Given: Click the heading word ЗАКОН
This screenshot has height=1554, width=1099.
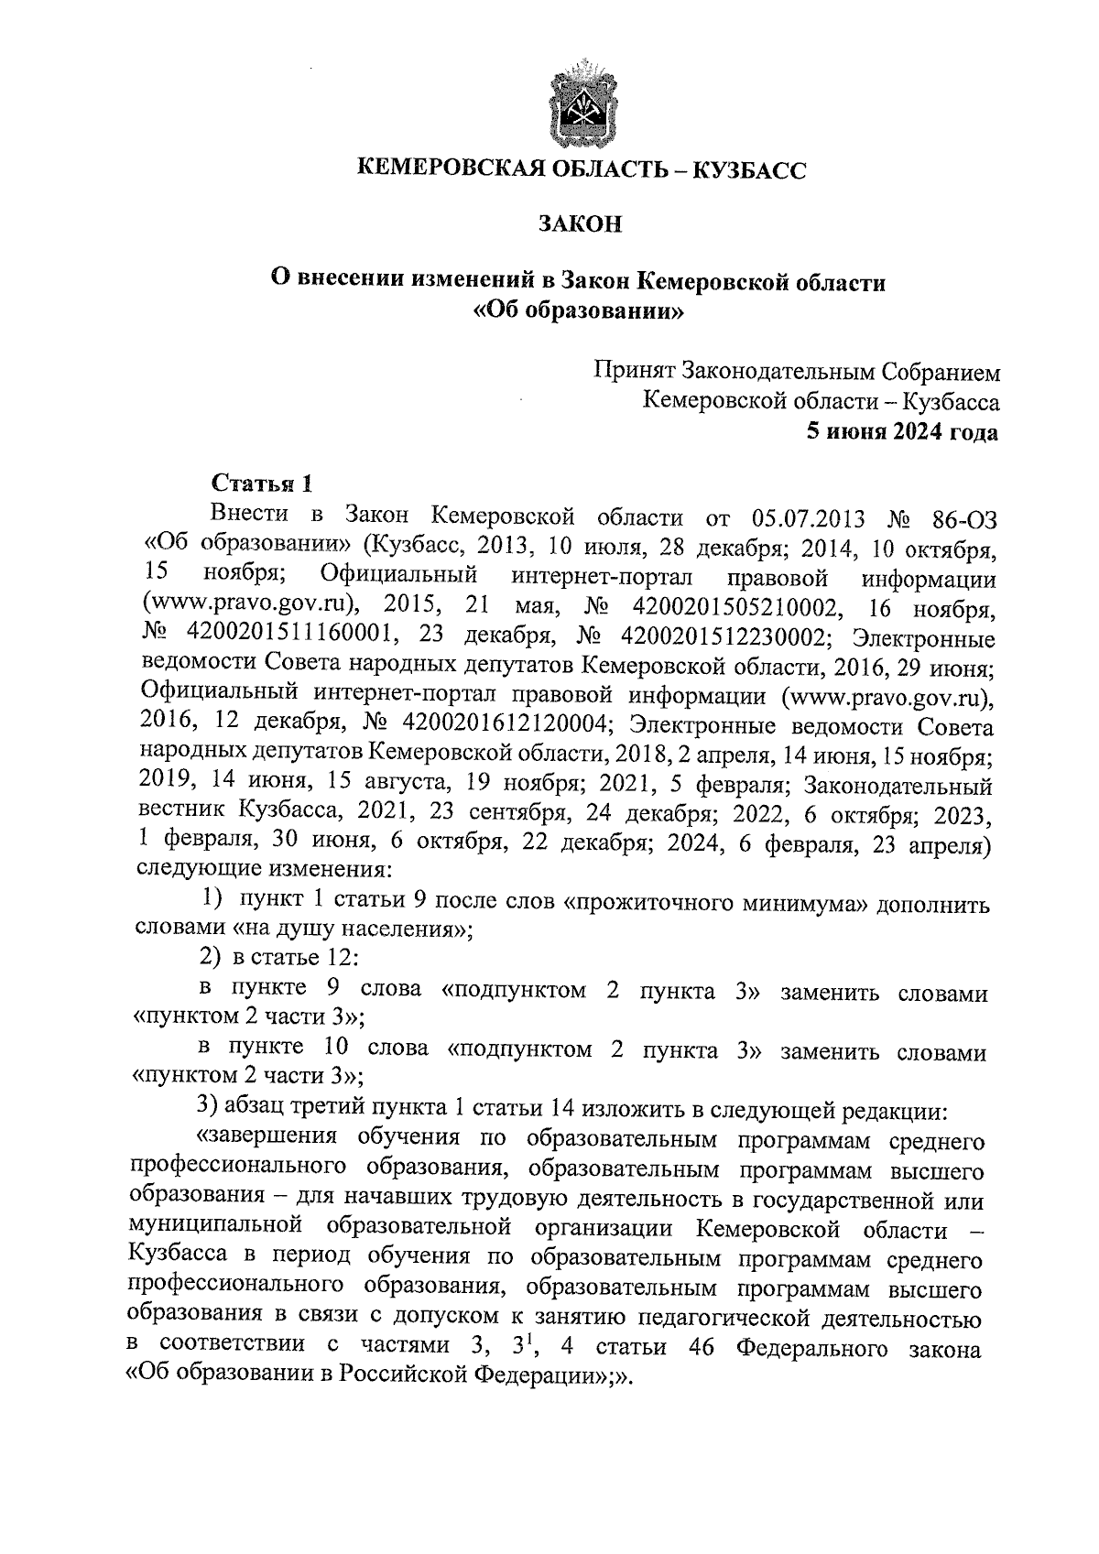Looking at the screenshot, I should pyautogui.click(x=580, y=223).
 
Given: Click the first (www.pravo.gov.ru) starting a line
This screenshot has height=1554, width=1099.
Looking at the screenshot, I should pyautogui.click(x=251, y=608).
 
